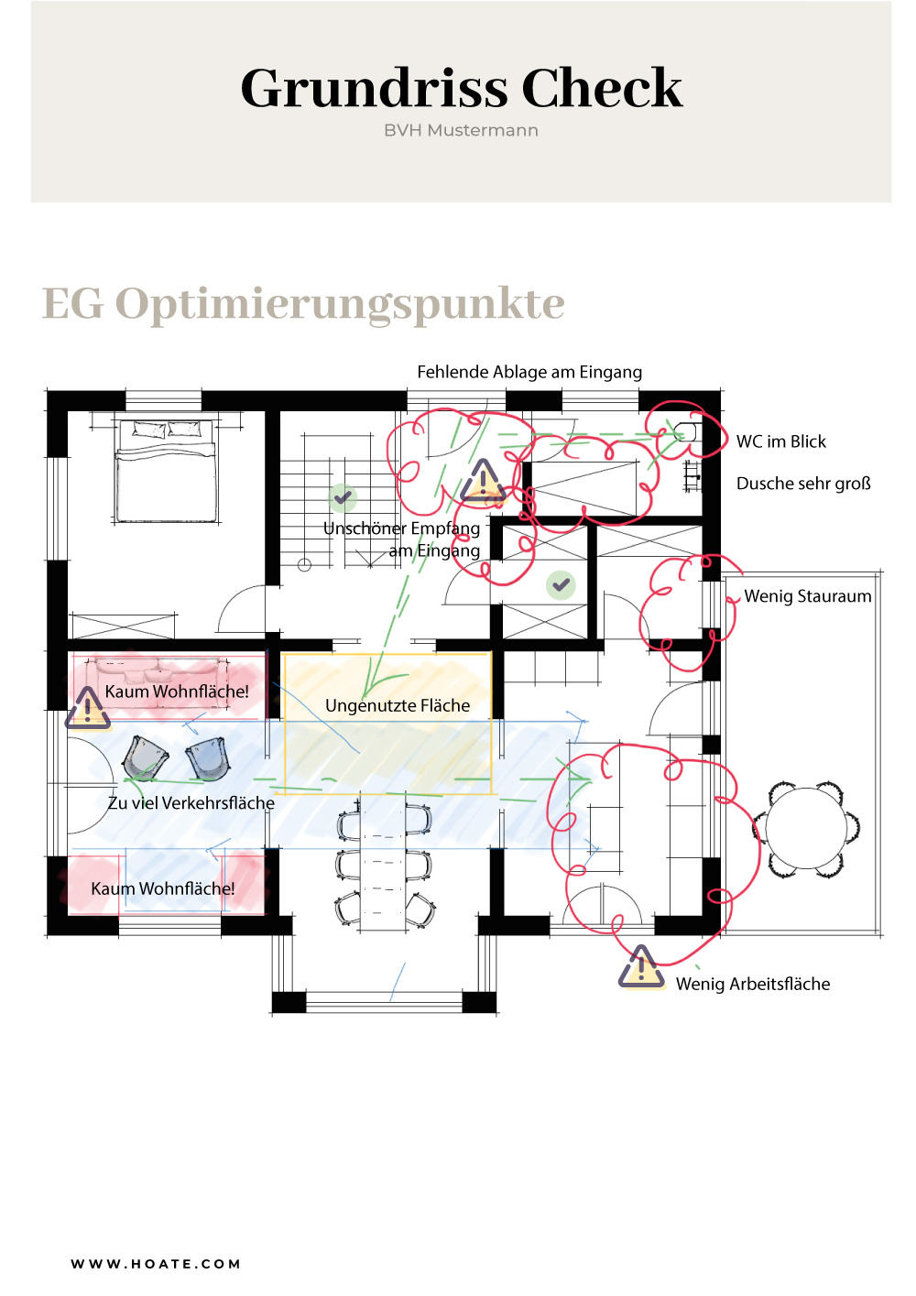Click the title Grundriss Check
point(461,88)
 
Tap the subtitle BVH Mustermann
point(461,131)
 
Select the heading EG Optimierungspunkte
point(303,304)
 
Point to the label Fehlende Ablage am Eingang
point(529,372)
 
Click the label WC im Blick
point(780,441)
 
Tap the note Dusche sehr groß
point(803,483)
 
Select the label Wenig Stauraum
point(807,596)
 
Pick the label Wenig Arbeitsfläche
point(752,984)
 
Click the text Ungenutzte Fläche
point(397,705)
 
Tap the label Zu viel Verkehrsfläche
point(191,802)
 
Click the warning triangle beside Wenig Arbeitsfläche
point(640,967)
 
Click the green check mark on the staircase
point(343,497)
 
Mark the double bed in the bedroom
point(166,471)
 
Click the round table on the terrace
point(806,828)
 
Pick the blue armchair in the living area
point(208,758)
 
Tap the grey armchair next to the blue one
point(145,758)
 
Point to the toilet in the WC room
point(686,431)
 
